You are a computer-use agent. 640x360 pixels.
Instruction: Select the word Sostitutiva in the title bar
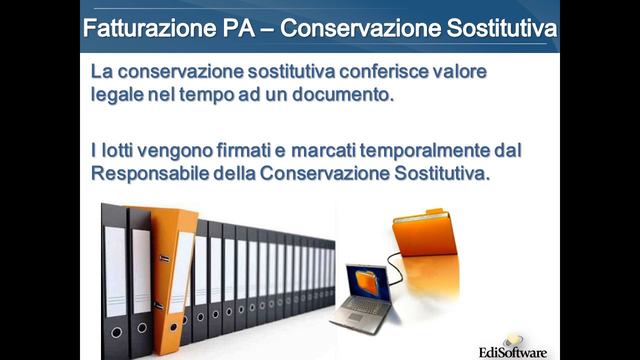tap(501, 28)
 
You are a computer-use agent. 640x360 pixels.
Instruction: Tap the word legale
tap(117, 94)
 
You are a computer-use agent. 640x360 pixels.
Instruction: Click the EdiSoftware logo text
tap(512, 352)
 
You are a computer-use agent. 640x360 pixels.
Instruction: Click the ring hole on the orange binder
tap(173, 327)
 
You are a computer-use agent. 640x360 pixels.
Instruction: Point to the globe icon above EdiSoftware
tap(513, 340)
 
